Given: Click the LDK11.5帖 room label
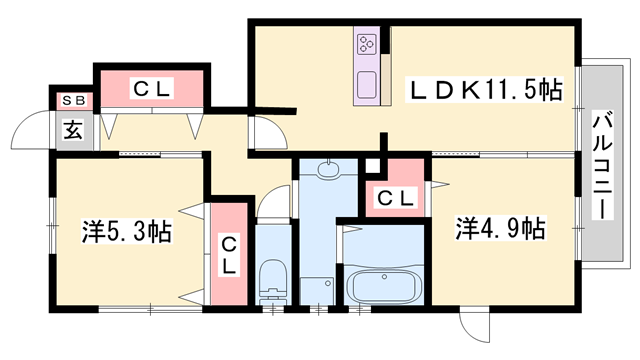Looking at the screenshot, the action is (x=484, y=91).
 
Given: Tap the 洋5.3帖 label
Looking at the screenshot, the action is (x=126, y=233).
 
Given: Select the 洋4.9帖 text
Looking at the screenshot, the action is (x=501, y=228).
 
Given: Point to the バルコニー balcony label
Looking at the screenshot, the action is (x=602, y=164).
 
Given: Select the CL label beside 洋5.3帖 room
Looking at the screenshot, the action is (x=229, y=254).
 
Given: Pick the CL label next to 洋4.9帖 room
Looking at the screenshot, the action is (x=395, y=198).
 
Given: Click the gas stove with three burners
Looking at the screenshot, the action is (x=367, y=44).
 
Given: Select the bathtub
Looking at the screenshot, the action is (x=385, y=284).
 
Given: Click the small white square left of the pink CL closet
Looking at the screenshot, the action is (x=374, y=167).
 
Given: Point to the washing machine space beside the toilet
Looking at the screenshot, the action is (x=317, y=285).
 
